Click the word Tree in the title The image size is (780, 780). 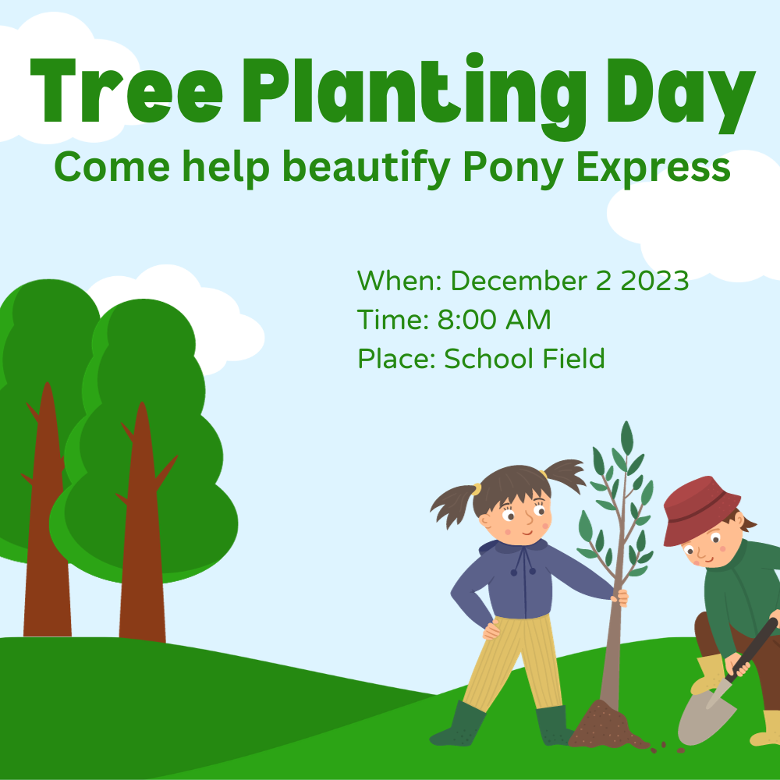click(x=126, y=90)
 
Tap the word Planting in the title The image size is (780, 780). click(x=414, y=97)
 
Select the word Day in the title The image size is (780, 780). click(x=681, y=97)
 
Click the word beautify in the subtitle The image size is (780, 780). click(x=367, y=168)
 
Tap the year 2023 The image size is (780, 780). click(x=654, y=281)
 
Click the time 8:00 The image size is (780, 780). click(x=466, y=319)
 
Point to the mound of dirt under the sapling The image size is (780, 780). click(x=607, y=725)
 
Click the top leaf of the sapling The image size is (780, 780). click(x=627, y=438)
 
